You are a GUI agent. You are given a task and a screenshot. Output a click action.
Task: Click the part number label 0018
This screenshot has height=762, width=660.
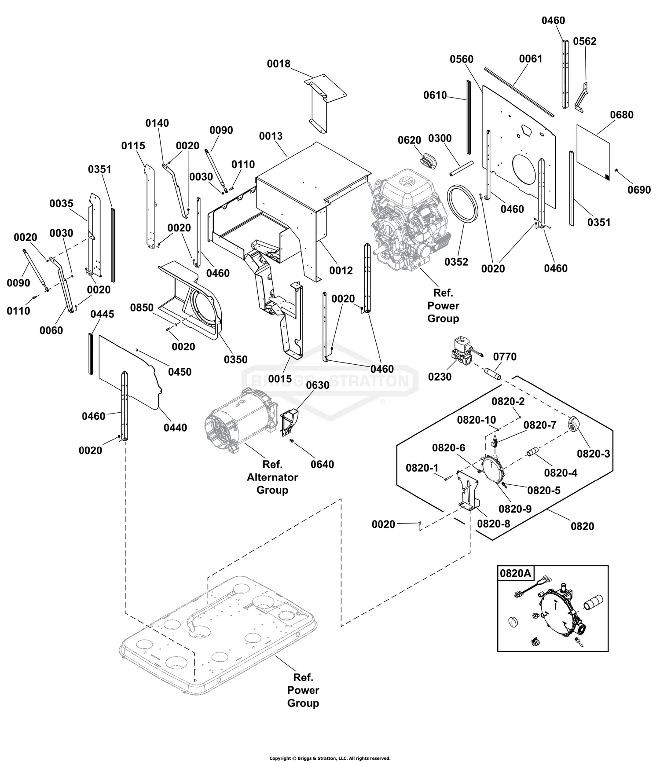pos(279,64)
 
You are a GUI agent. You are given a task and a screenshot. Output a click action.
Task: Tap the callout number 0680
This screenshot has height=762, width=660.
pos(622,115)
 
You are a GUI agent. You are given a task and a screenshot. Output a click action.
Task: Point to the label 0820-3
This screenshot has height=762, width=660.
pos(594,454)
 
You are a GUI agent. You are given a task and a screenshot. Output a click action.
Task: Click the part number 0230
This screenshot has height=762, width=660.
pos(440,377)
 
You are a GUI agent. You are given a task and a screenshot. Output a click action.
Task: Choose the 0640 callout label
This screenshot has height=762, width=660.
pos(322,464)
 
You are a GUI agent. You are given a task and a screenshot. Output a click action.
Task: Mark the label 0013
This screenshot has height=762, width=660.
pos(271,136)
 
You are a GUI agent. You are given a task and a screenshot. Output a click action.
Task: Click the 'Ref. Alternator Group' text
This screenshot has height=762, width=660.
pos(272,477)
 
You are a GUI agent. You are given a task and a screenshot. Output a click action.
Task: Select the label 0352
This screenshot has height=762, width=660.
pos(456,262)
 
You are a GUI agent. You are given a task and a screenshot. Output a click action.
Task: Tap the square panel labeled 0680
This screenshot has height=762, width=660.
pos(593,152)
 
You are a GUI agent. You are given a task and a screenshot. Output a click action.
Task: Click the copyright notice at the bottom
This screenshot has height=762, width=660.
pos(330,758)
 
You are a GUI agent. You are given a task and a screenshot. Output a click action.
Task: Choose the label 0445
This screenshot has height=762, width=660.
pos(102,314)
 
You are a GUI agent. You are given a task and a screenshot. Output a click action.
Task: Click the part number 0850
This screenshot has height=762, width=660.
pos(142,308)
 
